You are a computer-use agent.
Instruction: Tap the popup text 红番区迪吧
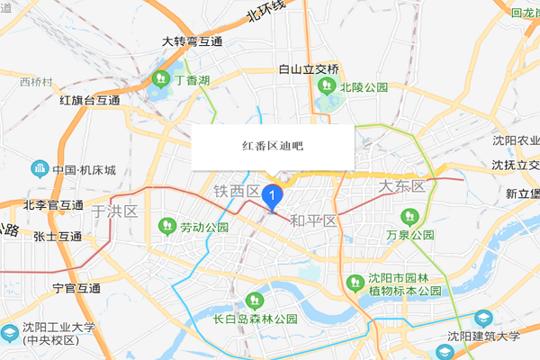tap(273, 145)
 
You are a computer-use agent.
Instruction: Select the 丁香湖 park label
tap(192, 81)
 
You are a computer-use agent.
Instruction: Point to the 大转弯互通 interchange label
tap(192, 42)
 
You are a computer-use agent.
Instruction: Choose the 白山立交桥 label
tap(309, 69)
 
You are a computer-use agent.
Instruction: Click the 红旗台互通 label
tap(89, 101)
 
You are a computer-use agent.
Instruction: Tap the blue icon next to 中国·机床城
tap(39, 168)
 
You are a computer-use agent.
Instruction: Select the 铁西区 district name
tap(236, 192)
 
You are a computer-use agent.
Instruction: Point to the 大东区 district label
tap(400, 186)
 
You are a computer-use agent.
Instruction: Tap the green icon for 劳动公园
tap(166, 224)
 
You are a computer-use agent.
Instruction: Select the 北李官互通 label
tap(53, 204)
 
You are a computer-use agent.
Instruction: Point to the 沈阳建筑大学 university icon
tap(483, 319)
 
